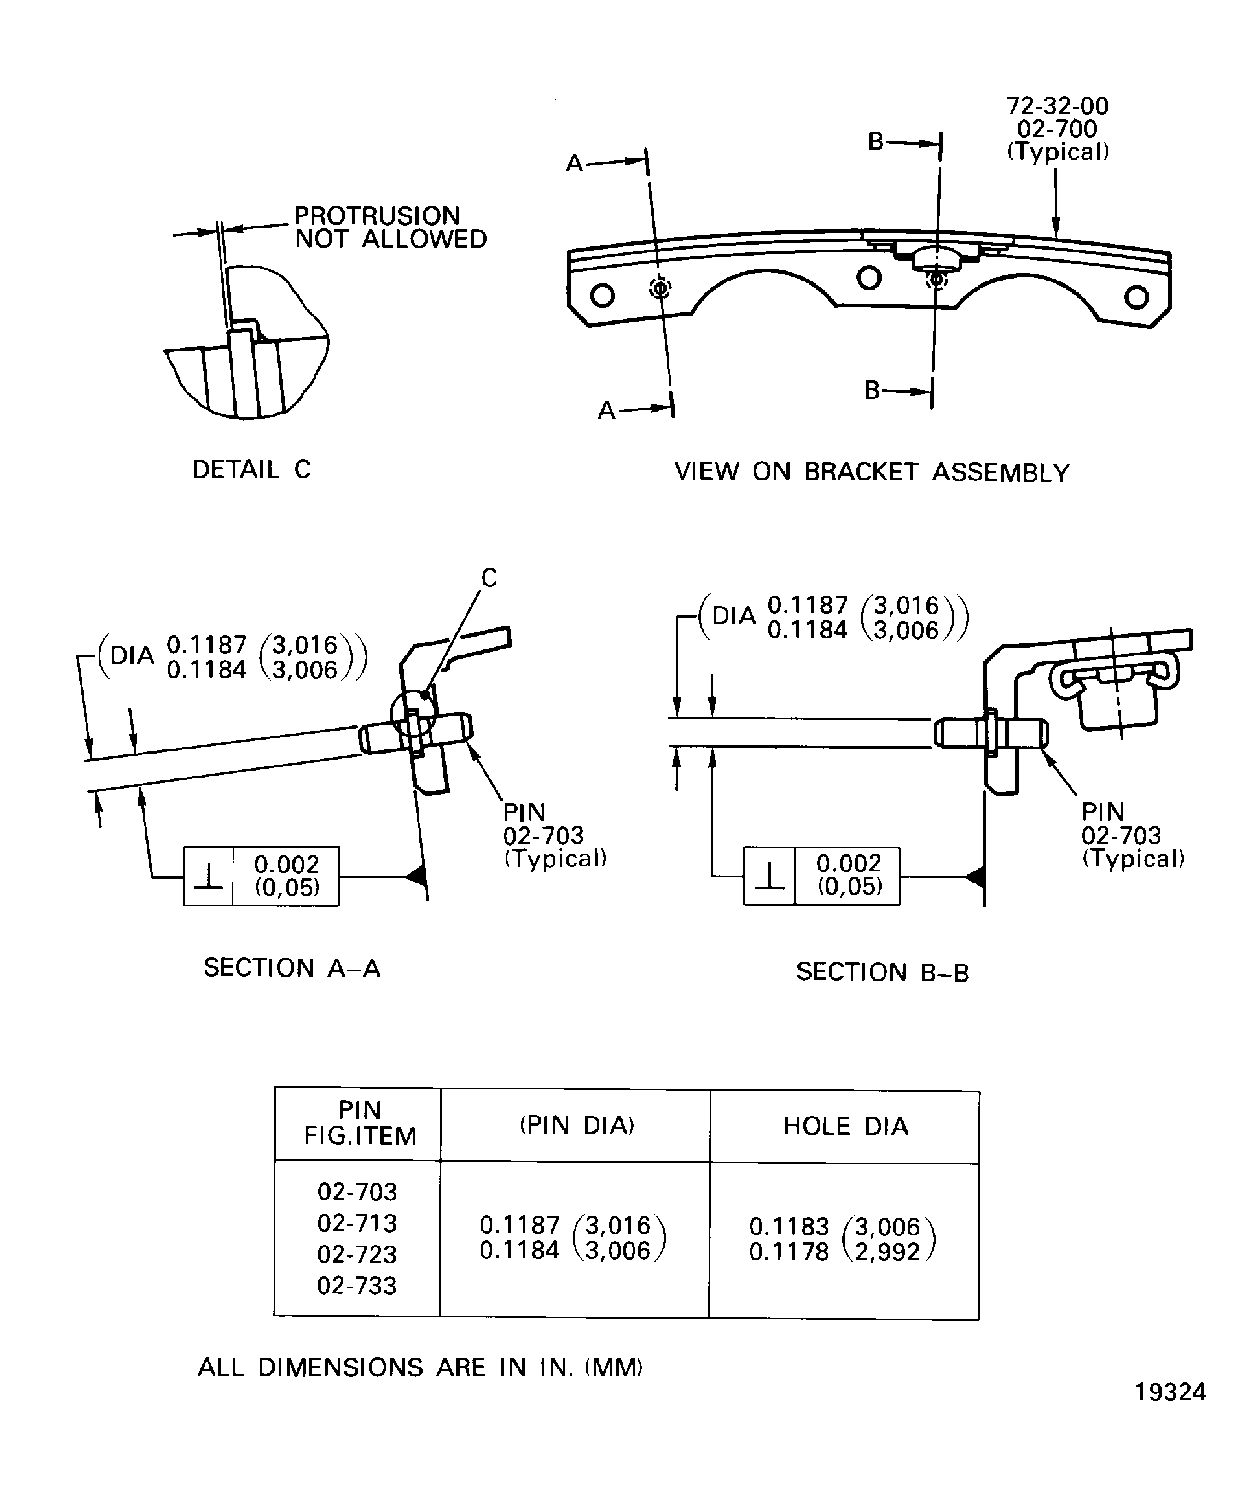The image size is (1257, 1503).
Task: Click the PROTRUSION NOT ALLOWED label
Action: [390, 228]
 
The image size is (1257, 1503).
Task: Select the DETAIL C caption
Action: [251, 469]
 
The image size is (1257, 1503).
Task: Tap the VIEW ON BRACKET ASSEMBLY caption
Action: [872, 473]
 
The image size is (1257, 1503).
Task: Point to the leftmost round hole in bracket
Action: [602, 295]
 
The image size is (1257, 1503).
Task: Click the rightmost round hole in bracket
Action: [1136, 296]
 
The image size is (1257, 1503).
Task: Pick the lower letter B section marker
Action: [872, 391]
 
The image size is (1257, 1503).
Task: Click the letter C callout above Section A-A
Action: [489, 578]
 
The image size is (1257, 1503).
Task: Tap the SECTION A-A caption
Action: [292, 968]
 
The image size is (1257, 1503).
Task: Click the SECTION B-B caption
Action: [882, 972]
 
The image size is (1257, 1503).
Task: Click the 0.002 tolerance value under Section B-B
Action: [849, 863]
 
